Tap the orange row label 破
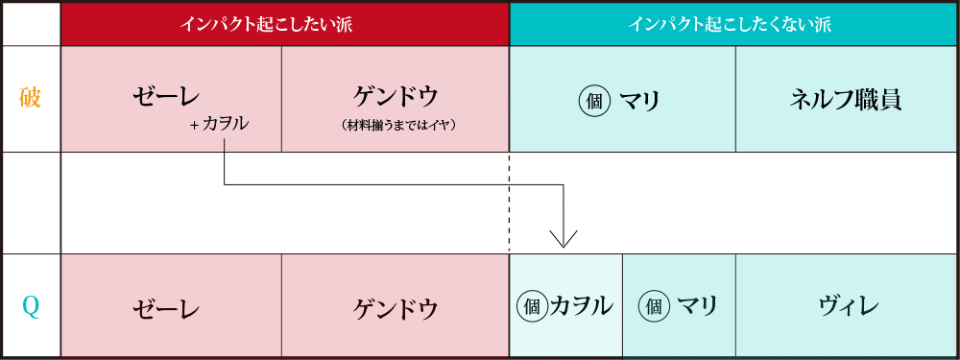coord(31,98)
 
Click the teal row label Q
coord(31,307)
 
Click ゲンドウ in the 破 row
coord(396,96)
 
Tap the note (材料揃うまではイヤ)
coord(396,125)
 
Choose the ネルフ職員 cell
coord(845,99)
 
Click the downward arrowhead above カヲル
coord(563,238)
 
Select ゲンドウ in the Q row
coord(396,308)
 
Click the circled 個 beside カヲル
coord(532,307)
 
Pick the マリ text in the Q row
coord(698,307)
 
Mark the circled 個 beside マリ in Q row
coord(655,307)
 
